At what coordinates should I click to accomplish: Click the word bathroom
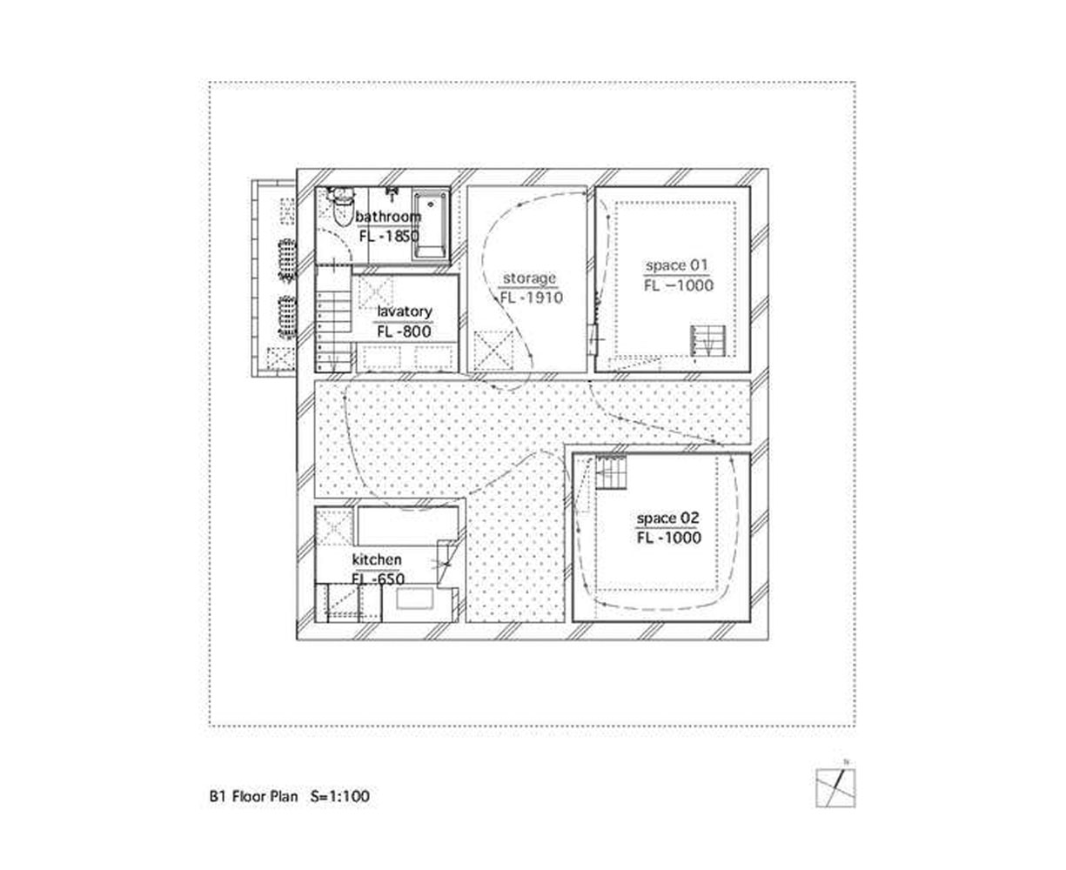[388, 217]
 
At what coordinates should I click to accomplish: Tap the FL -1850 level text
[388, 236]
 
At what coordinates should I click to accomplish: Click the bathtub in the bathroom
[428, 224]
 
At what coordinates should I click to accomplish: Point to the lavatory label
[404, 311]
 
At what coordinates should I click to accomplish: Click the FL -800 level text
[404, 331]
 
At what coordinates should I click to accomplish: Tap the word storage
[529, 278]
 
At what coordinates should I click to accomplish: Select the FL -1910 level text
[531, 298]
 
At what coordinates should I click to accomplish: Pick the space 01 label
[678, 265]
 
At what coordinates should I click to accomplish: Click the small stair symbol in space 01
[707, 340]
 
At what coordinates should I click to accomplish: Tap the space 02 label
[667, 519]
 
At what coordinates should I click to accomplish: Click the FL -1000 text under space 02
[668, 538]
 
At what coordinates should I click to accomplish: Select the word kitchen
[377, 559]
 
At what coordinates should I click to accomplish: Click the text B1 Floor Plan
[252, 796]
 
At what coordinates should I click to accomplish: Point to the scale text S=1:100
[340, 796]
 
